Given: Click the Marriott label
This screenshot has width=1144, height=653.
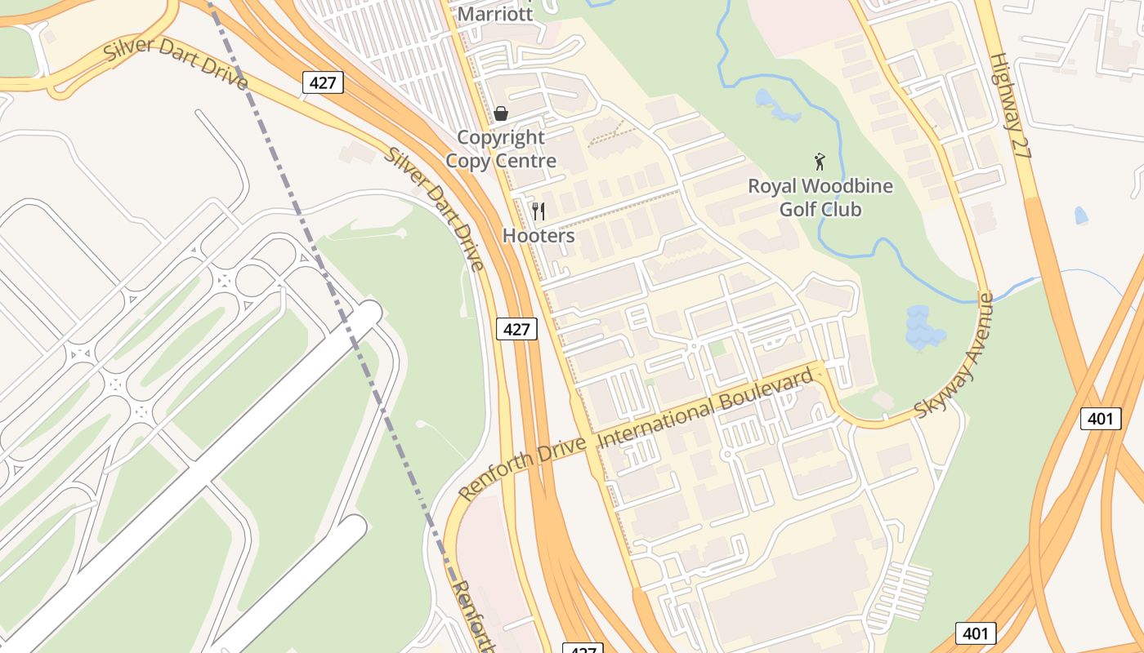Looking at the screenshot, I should pyautogui.click(x=495, y=14).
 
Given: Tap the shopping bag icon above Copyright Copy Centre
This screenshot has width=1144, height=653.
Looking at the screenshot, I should pyautogui.click(x=501, y=113).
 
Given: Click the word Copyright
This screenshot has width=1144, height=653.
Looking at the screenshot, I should pyautogui.click(x=500, y=137).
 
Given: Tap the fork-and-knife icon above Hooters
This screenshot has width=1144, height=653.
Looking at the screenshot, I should pyautogui.click(x=538, y=211).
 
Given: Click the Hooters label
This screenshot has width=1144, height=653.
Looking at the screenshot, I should pyautogui.click(x=538, y=236).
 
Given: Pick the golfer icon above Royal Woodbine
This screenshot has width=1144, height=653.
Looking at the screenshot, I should pyautogui.click(x=820, y=161).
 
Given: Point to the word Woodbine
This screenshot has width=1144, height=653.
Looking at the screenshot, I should pyautogui.click(x=851, y=186).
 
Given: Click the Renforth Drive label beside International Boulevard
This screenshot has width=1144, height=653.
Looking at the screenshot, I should pyautogui.click(x=523, y=467).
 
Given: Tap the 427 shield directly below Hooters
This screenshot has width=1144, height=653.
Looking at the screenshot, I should pyautogui.click(x=516, y=329).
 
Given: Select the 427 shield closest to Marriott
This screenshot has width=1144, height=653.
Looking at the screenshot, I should pyautogui.click(x=323, y=82).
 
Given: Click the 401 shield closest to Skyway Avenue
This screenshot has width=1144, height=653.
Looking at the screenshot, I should pyautogui.click(x=1100, y=419).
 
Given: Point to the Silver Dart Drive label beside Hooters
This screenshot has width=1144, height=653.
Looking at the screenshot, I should pyautogui.click(x=436, y=208).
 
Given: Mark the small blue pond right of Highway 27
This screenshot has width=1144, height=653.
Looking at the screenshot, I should pyautogui.click(x=1081, y=215).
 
